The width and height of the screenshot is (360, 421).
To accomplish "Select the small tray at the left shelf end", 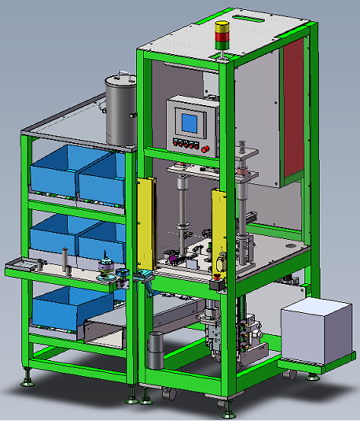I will click(x=21, y=265).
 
